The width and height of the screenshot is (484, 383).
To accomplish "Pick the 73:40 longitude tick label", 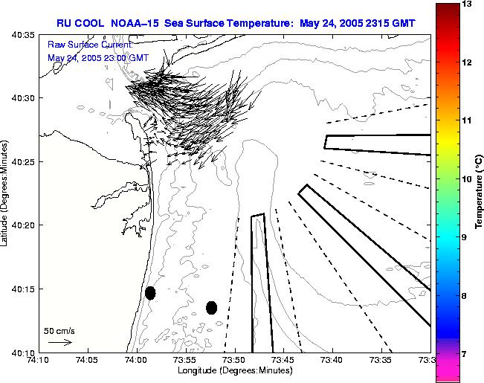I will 332,360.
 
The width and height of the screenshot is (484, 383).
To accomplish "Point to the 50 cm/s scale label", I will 59,331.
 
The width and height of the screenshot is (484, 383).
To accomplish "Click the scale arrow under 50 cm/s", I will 59,342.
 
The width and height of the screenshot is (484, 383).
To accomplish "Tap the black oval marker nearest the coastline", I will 150,292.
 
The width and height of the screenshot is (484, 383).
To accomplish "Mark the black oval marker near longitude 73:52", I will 211,307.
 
